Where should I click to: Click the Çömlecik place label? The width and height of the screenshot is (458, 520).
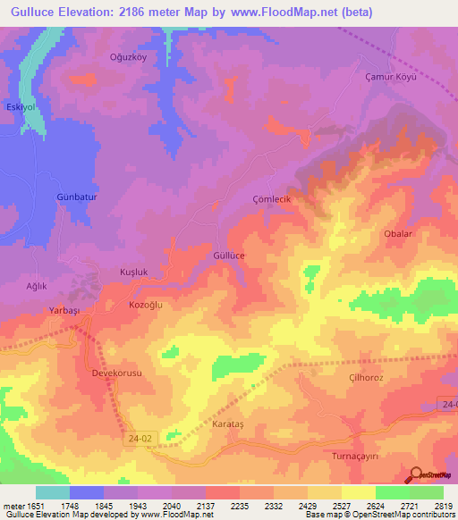(272, 199)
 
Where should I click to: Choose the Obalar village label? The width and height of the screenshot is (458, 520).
(397, 233)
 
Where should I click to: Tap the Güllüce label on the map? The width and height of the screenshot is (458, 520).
(229, 255)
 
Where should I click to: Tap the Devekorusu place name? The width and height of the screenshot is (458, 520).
(117, 373)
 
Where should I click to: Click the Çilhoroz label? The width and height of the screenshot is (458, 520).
(365, 378)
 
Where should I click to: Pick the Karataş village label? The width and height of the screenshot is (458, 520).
(227, 424)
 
